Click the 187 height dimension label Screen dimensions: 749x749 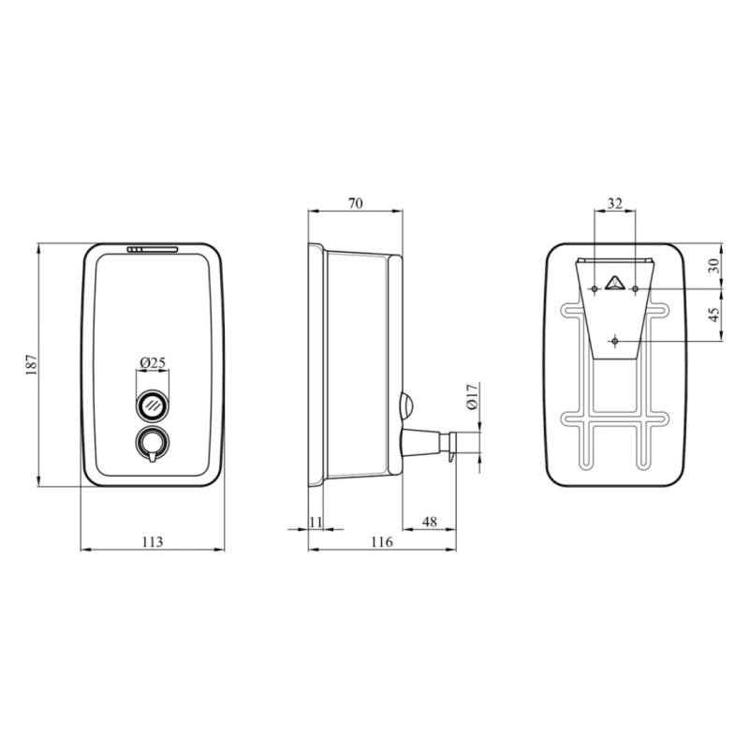tap(32, 364)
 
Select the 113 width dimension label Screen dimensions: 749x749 tap(153, 542)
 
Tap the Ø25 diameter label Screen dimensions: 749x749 tap(153, 363)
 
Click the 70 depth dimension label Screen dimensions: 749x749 tap(356, 203)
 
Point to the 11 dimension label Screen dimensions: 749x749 tap(316, 522)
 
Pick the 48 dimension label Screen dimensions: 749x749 tap(430, 522)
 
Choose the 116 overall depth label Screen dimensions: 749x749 tap(382, 542)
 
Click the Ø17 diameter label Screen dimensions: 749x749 tap(473, 396)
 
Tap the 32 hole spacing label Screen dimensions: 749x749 tap(615, 204)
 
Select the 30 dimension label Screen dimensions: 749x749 tap(713, 266)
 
